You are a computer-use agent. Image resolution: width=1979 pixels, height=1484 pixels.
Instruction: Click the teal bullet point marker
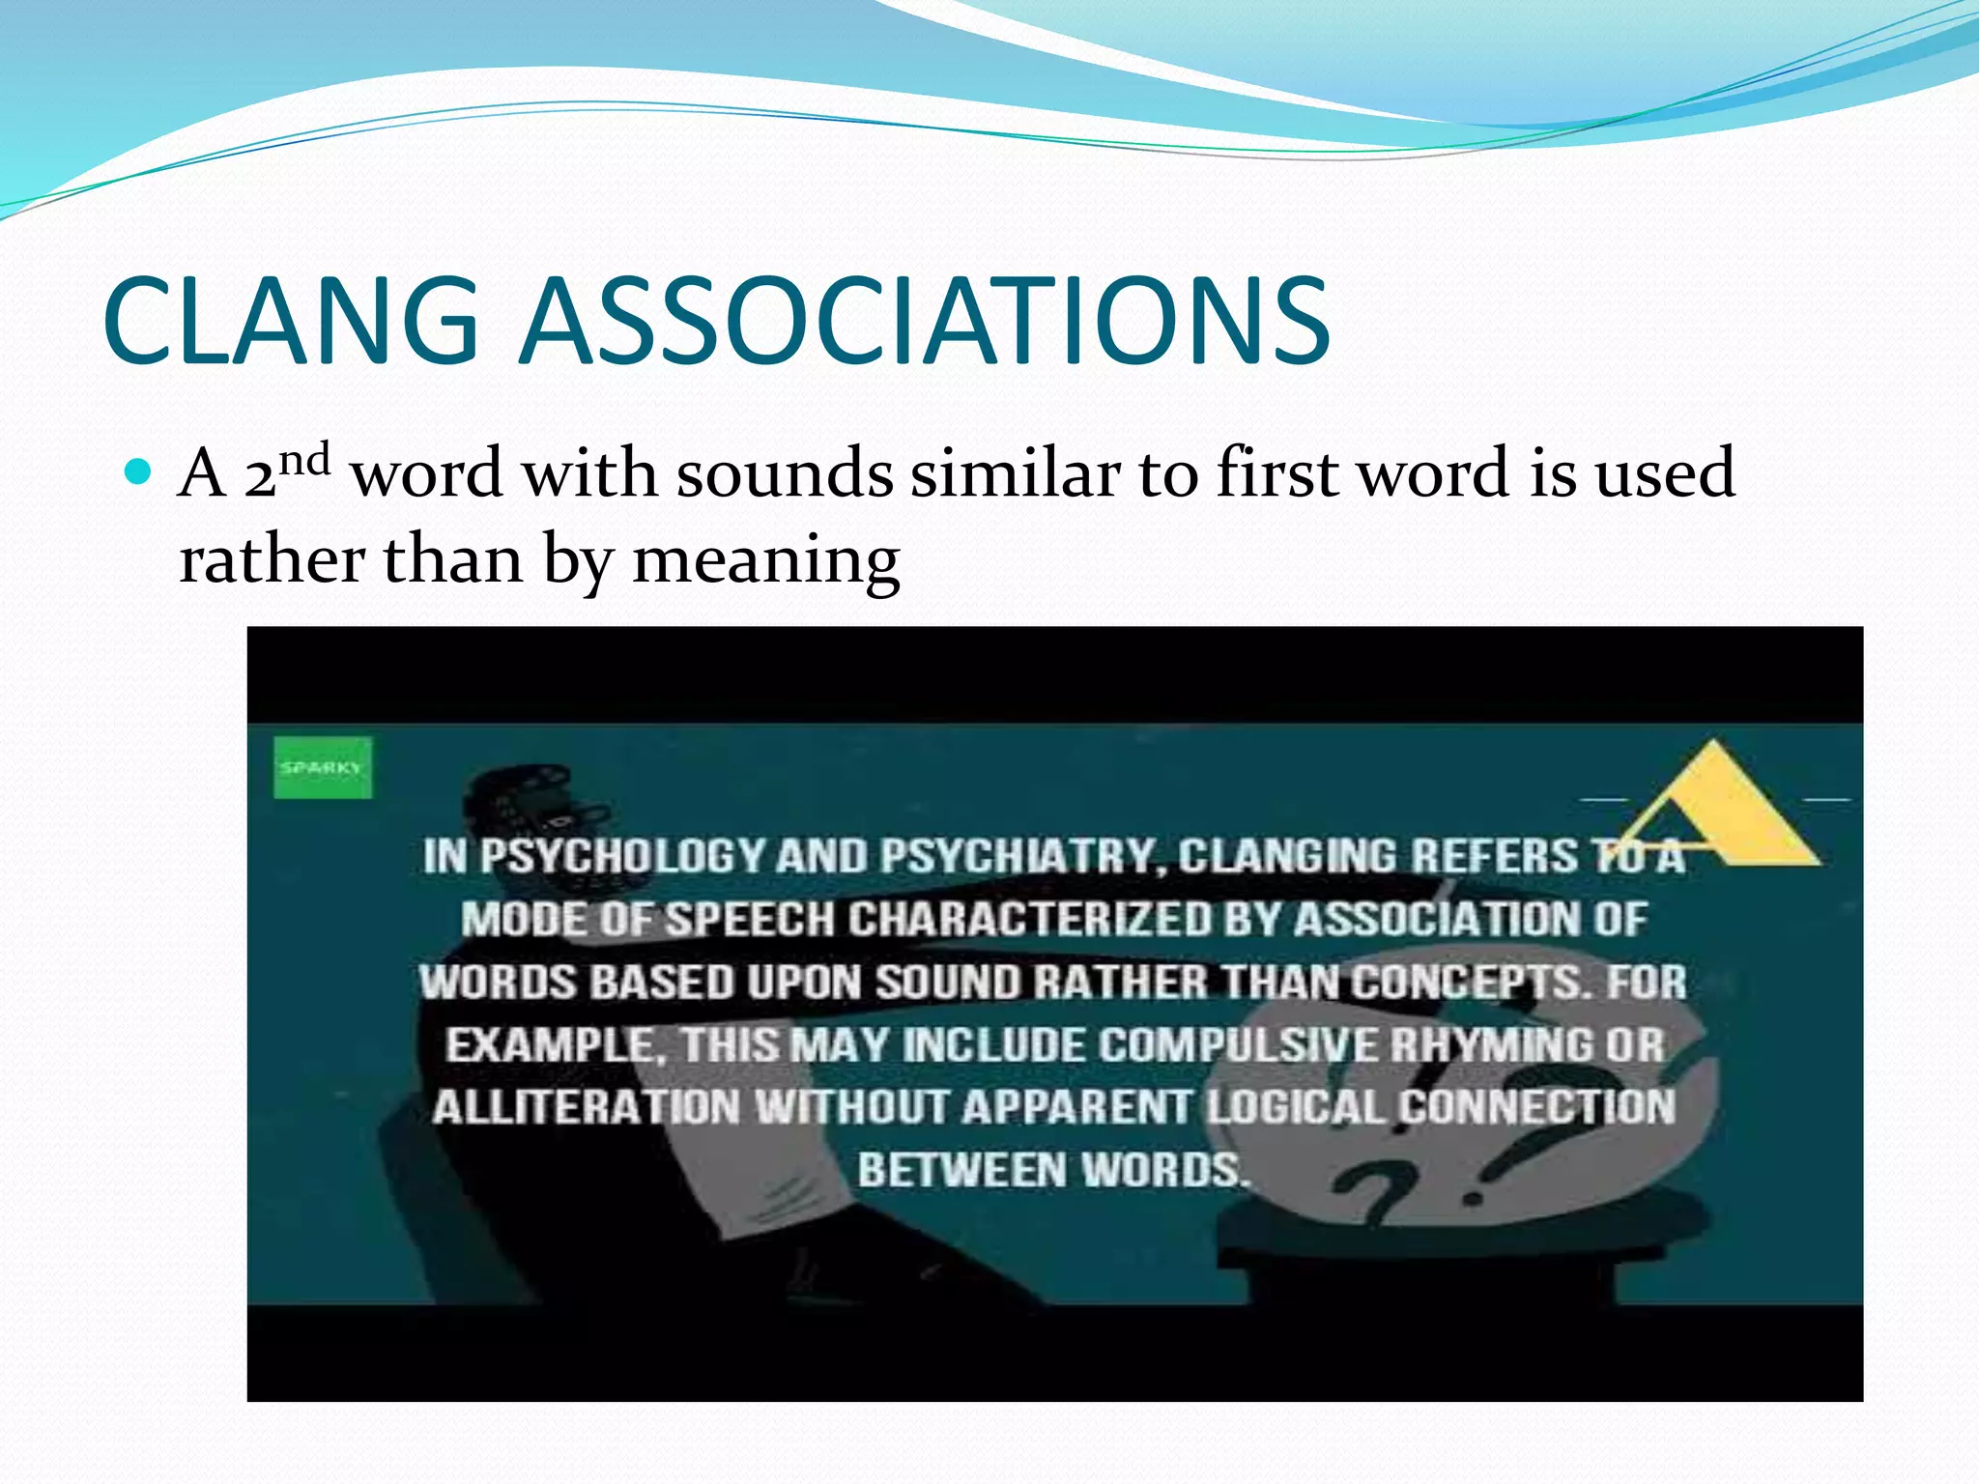click(x=140, y=472)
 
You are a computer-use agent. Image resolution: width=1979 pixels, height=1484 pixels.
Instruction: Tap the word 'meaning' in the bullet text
click(x=765, y=559)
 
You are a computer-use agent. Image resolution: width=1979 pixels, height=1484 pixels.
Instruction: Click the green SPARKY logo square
click(x=322, y=768)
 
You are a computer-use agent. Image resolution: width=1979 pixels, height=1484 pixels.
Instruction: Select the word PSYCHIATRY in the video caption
click(x=1018, y=856)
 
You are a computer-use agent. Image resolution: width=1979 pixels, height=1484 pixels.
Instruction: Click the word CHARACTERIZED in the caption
click(x=1029, y=919)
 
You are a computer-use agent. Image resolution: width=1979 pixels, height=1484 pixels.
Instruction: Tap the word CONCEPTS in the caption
click(x=1469, y=982)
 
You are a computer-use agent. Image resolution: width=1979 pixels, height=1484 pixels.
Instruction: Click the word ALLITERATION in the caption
click(x=587, y=1107)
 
